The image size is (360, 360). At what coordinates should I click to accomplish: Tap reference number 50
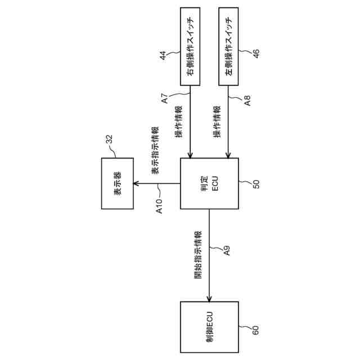(x=256, y=184)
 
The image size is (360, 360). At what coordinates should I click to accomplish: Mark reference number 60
(x=256, y=330)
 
